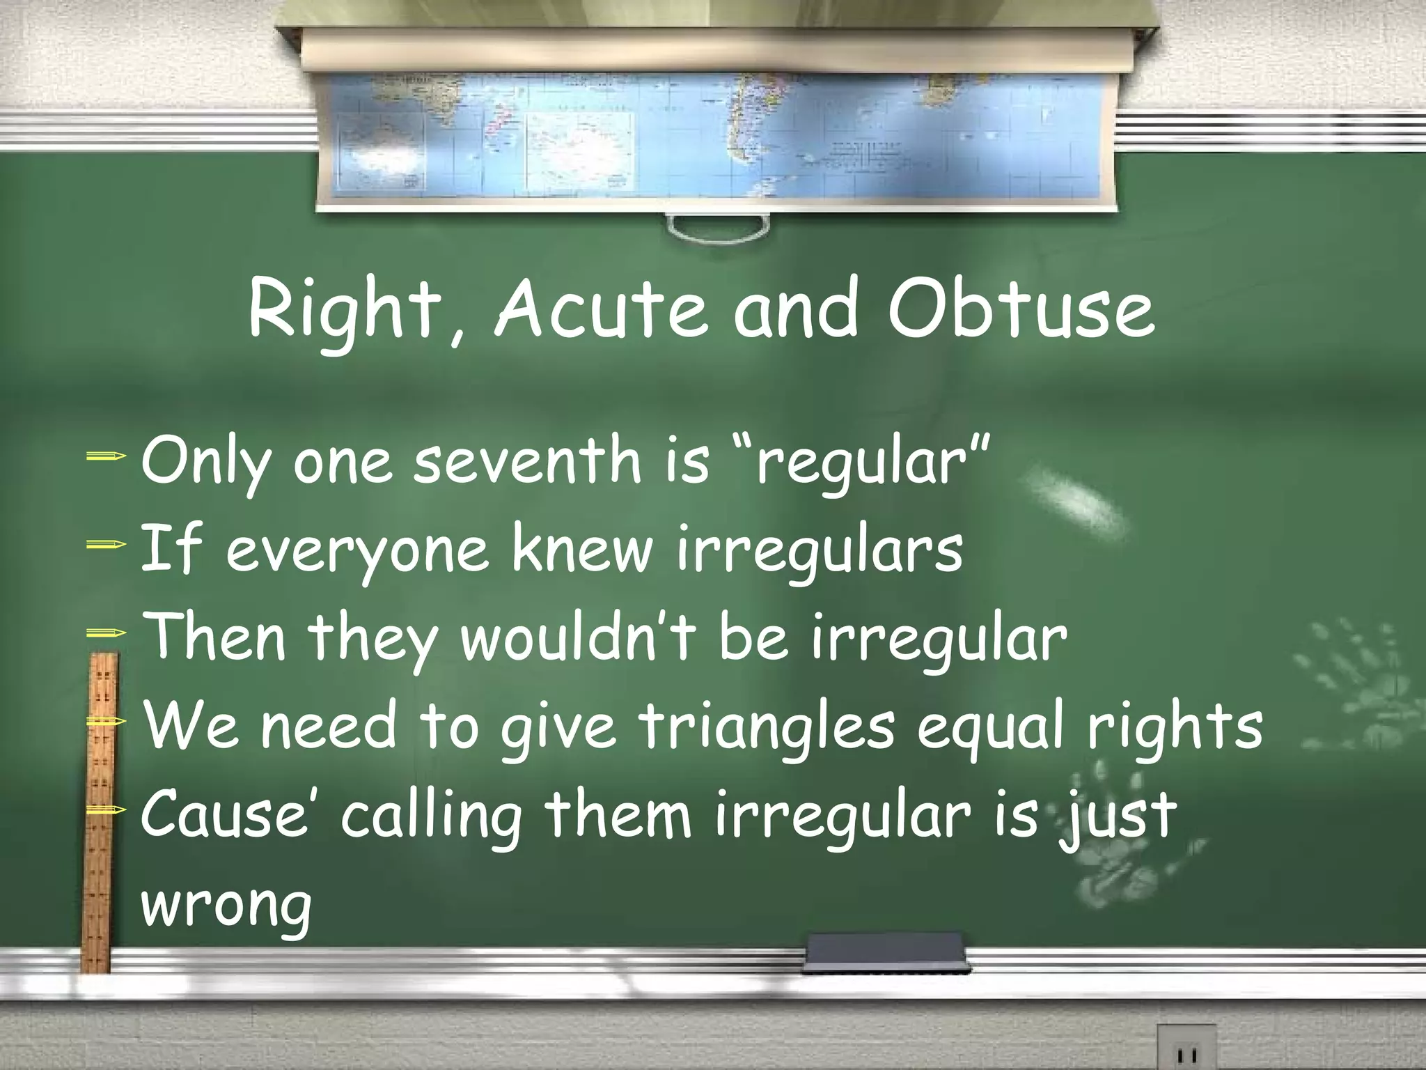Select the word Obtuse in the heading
[x=1021, y=309]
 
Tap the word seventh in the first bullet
[x=526, y=462]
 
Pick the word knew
[x=582, y=550]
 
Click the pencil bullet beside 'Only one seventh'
[x=107, y=457]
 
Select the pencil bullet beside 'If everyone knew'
[x=107, y=545]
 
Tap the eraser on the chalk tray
[x=885, y=950]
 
